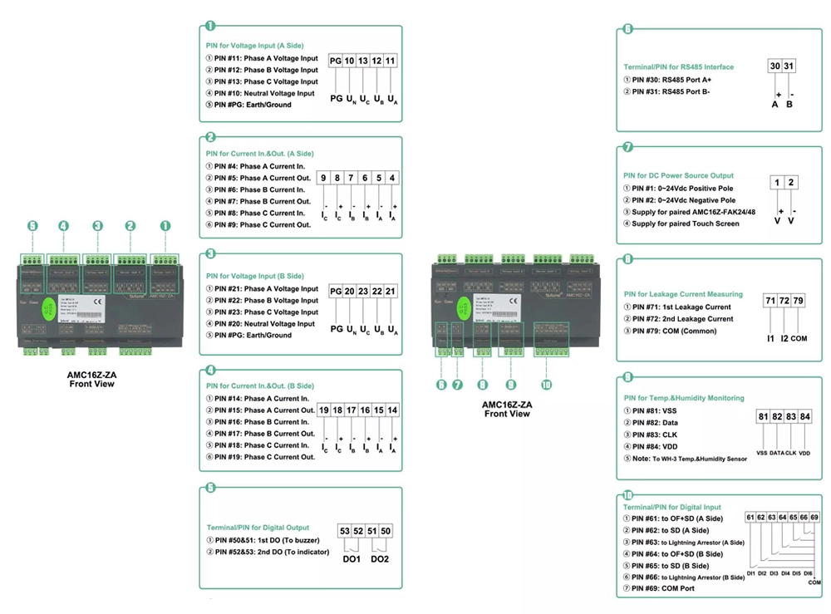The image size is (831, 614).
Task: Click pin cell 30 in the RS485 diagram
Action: [774, 66]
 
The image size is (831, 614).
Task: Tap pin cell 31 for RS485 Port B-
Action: [789, 66]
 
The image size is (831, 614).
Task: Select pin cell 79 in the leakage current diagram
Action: [799, 300]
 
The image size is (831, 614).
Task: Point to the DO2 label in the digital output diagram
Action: [380, 558]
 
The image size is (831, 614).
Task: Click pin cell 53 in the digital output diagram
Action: [345, 531]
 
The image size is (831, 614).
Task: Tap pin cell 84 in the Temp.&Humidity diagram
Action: [804, 416]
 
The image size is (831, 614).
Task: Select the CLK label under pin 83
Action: [791, 453]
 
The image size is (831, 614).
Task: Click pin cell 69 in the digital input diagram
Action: [814, 518]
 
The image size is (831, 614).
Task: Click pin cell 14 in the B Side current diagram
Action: [392, 410]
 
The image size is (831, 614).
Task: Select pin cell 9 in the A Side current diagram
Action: [324, 177]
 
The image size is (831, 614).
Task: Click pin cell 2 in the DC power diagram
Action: [791, 183]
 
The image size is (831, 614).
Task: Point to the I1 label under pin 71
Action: [770, 339]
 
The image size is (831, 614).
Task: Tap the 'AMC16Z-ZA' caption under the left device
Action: [91, 375]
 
